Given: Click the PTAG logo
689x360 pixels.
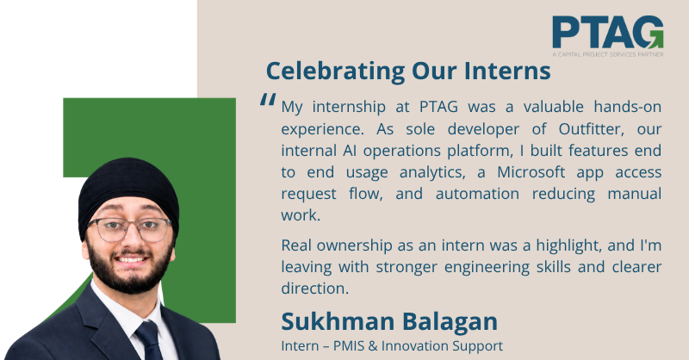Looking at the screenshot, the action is point(608,36).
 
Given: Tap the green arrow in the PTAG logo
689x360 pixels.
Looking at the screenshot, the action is point(655,39).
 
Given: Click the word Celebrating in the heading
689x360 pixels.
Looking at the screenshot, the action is point(335,71).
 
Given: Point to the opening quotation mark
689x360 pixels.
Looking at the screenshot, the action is point(268,99).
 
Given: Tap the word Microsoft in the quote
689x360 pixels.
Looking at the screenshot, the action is point(531,172).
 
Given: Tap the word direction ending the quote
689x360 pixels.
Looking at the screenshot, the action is point(314,289).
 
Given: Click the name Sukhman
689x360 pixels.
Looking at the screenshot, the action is point(338,321).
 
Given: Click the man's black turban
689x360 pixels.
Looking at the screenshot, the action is point(128,194).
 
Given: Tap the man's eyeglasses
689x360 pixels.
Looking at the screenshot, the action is point(129,229).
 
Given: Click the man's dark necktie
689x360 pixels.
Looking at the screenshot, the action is point(149,341).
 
